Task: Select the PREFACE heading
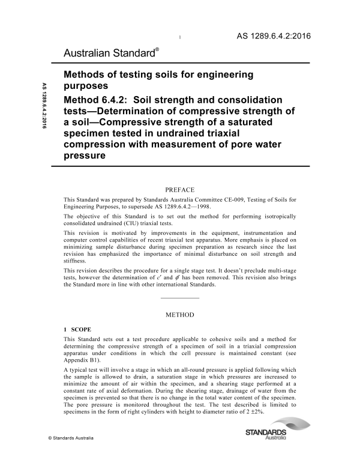click(181, 189)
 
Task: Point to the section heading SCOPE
click(81, 330)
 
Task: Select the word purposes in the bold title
click(88, 85)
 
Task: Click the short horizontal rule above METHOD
click(181, 298)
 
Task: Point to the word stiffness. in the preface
click(76, 261)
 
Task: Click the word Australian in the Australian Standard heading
click(90, 55)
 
